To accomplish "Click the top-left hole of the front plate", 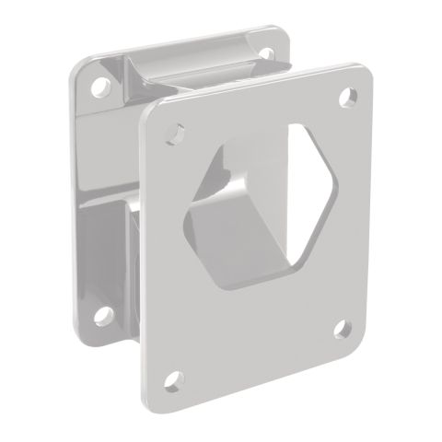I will click(170, 135).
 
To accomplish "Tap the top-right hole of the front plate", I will click(347, 95).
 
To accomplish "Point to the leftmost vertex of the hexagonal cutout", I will click(188, 198).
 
